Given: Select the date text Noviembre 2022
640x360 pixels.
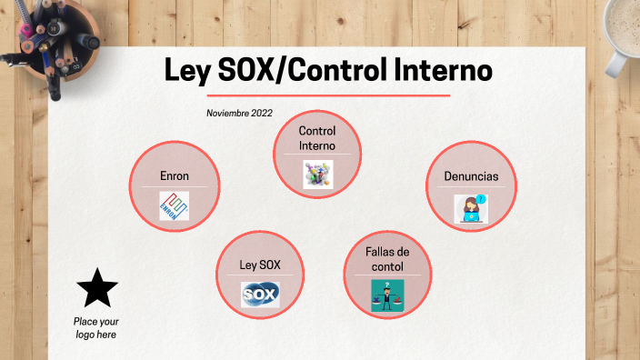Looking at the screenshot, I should pos(239,113).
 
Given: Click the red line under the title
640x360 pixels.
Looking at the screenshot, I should pos(328,95).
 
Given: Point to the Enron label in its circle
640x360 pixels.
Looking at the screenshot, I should pos(174,176).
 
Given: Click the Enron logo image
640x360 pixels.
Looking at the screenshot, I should pos(174,206).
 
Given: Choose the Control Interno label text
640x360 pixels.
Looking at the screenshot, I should pos(317,138).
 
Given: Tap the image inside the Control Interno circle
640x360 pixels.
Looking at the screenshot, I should pos(317,173).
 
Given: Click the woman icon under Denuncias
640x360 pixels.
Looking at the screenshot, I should pos(471,208).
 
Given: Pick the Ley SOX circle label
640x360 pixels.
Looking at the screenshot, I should pos(260,265).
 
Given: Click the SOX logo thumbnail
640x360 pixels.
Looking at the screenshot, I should pos(260,295).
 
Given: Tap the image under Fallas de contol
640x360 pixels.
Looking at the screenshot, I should pos(387,296).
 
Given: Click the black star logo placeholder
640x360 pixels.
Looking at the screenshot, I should pos(97,288).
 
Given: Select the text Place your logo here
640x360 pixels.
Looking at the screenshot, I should pos(96,328).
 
